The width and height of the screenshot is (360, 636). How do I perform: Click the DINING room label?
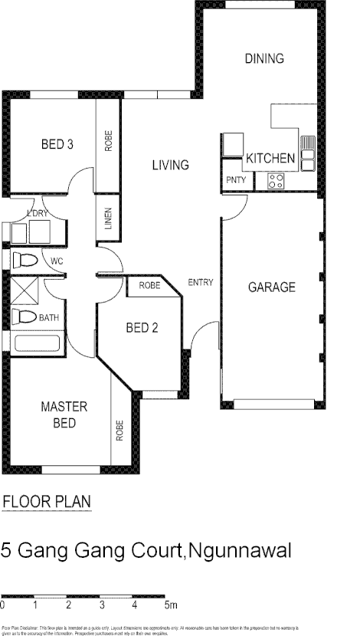point(264,58)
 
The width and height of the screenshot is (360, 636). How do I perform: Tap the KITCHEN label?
point(270,159)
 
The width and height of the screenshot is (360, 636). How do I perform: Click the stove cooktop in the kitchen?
point(276,181)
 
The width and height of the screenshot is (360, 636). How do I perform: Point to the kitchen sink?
point(307,153)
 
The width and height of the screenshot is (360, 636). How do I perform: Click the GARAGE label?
point(271,288)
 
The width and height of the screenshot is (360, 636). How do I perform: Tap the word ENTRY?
point(201,283)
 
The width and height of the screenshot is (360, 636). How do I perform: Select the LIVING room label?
point(169,165)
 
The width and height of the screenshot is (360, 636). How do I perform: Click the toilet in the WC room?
point(24,260)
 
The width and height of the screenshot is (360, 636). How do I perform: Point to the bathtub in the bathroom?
point(36,343)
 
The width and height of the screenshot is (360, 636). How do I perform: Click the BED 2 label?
point(142,328)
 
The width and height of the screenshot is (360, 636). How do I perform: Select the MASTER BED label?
point(64,414)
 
